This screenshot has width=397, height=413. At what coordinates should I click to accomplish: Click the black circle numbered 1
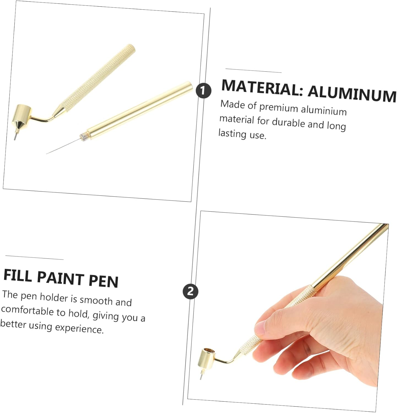(x=203, y=91)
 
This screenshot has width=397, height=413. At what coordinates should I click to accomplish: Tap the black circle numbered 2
(x=191, y=291)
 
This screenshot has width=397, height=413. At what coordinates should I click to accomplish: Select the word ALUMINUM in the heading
(x=352, y=94)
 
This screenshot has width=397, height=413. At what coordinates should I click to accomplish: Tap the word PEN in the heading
(x=104, y=281)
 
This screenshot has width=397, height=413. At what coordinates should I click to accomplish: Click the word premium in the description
(x=279, y=108)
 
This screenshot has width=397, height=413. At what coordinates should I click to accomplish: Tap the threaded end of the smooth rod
(x=84, y=136)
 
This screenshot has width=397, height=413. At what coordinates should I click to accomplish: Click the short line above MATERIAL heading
(x=253, y=70)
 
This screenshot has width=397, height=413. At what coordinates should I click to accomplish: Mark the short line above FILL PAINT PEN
(x=34, y=257)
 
